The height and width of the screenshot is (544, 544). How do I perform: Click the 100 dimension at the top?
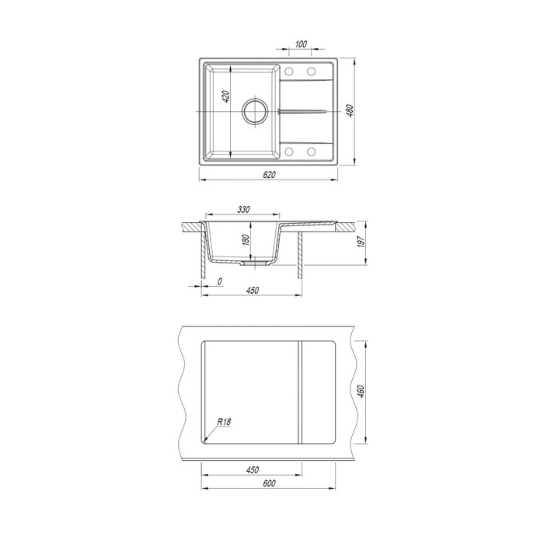tap(301, 44)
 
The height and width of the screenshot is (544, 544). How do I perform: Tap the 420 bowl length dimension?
tap(225, 96)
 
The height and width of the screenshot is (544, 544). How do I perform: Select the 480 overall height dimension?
tap(350, 110)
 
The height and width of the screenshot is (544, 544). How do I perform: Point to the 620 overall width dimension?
tap(269, 175)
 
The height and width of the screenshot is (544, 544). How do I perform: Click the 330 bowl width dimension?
tap(243, 209)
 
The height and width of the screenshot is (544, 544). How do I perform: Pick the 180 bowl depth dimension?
tap(246, 239)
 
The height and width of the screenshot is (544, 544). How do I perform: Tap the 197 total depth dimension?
tap(361, 241)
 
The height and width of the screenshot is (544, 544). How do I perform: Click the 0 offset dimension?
tap(220, 281)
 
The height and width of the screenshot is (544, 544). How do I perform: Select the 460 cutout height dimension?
tap(361, 391)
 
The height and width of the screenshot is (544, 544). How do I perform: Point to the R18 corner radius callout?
tap(224, 422)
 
